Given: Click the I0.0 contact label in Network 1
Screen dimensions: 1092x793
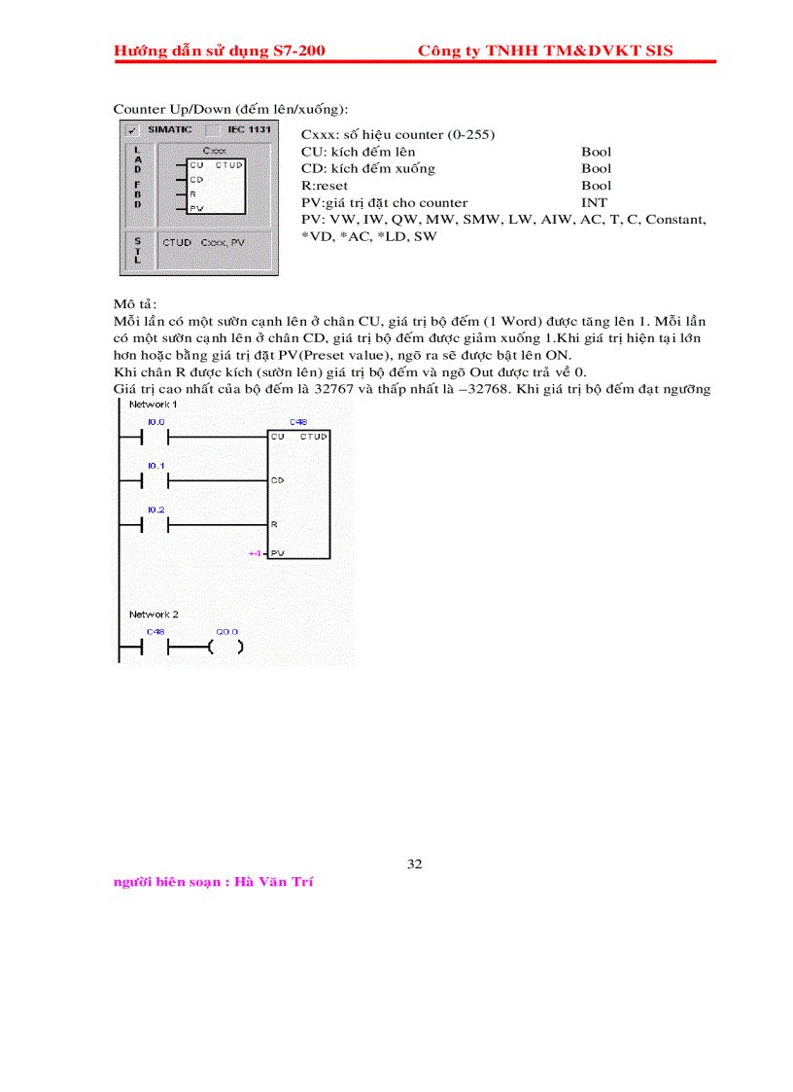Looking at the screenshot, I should coord(155,422).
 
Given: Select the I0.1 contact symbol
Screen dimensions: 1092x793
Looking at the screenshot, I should coord(155,480).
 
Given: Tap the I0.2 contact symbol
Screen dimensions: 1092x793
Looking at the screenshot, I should coord(155,524).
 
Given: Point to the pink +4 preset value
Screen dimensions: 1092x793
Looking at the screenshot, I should coord(255,553).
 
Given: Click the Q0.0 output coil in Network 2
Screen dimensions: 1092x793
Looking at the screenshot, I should coord(226,647).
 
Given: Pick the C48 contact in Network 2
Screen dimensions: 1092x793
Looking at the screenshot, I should coord(155,647).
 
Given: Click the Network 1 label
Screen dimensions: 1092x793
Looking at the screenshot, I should coord(154,404).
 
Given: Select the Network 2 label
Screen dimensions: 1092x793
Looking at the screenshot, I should coord(154,615).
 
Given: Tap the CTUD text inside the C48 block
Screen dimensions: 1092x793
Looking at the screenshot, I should coord(314,438).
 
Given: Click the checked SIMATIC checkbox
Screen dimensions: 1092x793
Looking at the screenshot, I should coord(130,129).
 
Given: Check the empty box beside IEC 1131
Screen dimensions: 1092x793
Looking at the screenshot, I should coord(211,129).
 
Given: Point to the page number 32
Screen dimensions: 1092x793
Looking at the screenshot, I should coord(415,863).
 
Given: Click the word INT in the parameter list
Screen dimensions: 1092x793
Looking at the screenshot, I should coord(594,202).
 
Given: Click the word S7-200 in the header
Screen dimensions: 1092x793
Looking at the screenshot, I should coord(298,51).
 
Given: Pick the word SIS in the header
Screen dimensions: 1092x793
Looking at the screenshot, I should coord(656,51).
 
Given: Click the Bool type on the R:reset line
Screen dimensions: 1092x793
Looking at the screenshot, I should coord(597,185).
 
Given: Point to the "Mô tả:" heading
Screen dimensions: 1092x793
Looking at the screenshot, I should coord(135,303).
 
